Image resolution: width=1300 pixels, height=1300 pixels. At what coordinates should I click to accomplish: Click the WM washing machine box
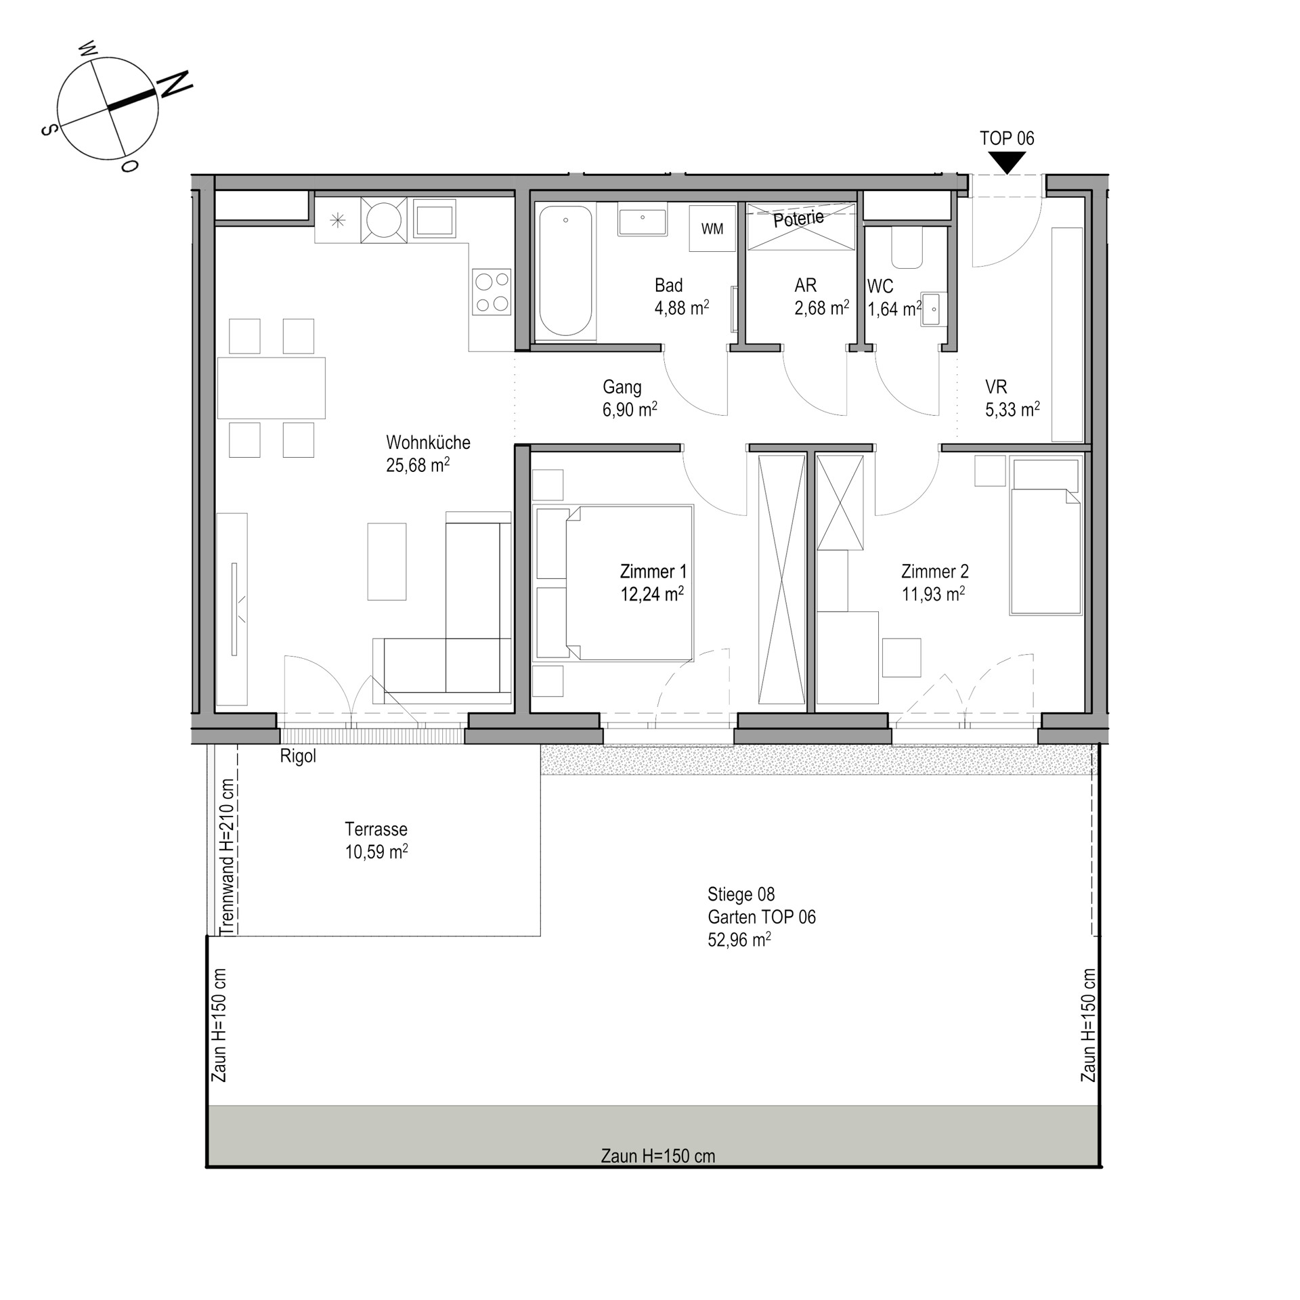point(712,229)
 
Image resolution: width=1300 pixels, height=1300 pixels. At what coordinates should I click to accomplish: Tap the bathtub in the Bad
point(565,272)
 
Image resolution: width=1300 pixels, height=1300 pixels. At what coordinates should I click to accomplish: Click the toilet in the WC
point(907,248)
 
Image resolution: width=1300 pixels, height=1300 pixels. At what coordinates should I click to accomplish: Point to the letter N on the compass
point(175,85)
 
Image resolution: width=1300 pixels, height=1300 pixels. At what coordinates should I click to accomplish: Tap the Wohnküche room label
point(428,443)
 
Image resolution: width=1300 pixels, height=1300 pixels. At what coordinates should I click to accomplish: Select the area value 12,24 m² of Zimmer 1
point(652,594)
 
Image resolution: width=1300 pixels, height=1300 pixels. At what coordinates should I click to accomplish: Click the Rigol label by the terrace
point(298,756)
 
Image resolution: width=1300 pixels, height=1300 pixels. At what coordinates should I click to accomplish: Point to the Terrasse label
point(376,829)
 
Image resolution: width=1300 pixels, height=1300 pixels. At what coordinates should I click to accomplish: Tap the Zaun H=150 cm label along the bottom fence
point(657,1156)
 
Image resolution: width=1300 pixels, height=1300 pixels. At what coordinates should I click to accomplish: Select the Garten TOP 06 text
point(762,917)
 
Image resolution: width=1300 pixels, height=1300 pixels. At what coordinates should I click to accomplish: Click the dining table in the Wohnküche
point(271,388)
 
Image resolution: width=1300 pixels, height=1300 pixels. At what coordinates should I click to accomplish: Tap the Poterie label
point(799,219)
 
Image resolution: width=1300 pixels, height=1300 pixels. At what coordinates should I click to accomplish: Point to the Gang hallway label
point(622,387)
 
